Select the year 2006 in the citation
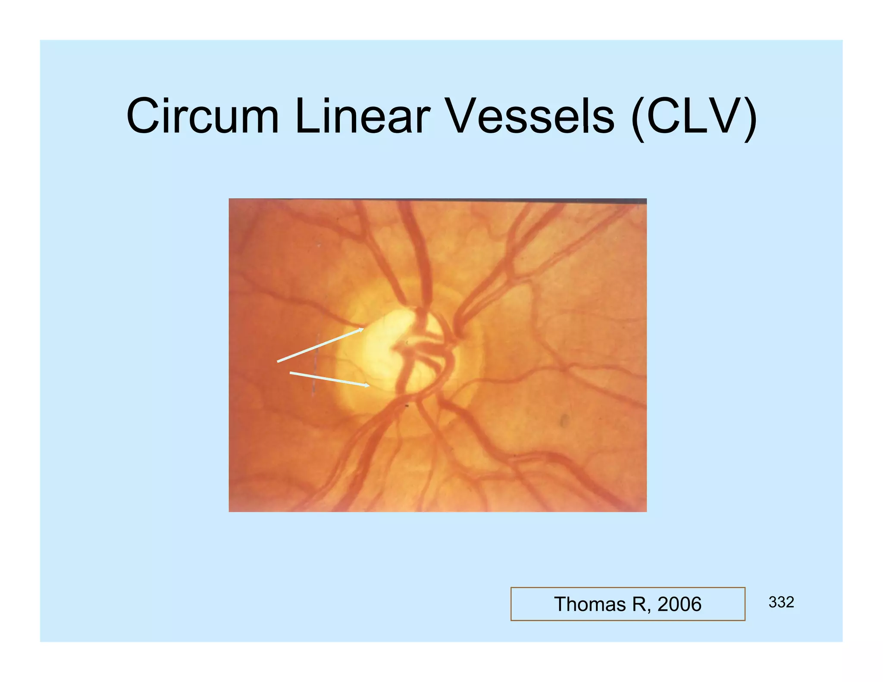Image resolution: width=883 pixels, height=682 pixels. pyautogui.click(x=679, y=604)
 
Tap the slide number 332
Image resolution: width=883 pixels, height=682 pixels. pyautogui.click(x=781, y=602)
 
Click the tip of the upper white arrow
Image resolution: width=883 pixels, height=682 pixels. pyautogui.click(x=363, y=329)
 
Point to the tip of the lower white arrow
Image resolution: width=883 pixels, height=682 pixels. pyautogui.click(x=369, y=385)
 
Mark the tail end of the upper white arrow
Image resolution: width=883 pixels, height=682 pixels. pyautogui.click(x=278, y=362)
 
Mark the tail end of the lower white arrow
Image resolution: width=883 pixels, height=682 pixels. pyautogui.click(x=290, y=372)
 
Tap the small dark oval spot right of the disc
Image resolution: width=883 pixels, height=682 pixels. pyautogui.click(x=564, y=420)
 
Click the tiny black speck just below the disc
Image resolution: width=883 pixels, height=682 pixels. pyautogui.click(x=407, y=406)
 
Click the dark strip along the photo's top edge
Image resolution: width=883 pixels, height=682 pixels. pyautogui.click(x=437, y=200)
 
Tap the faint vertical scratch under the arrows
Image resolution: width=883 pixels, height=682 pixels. pyautogui.click(x=314, y=379)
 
